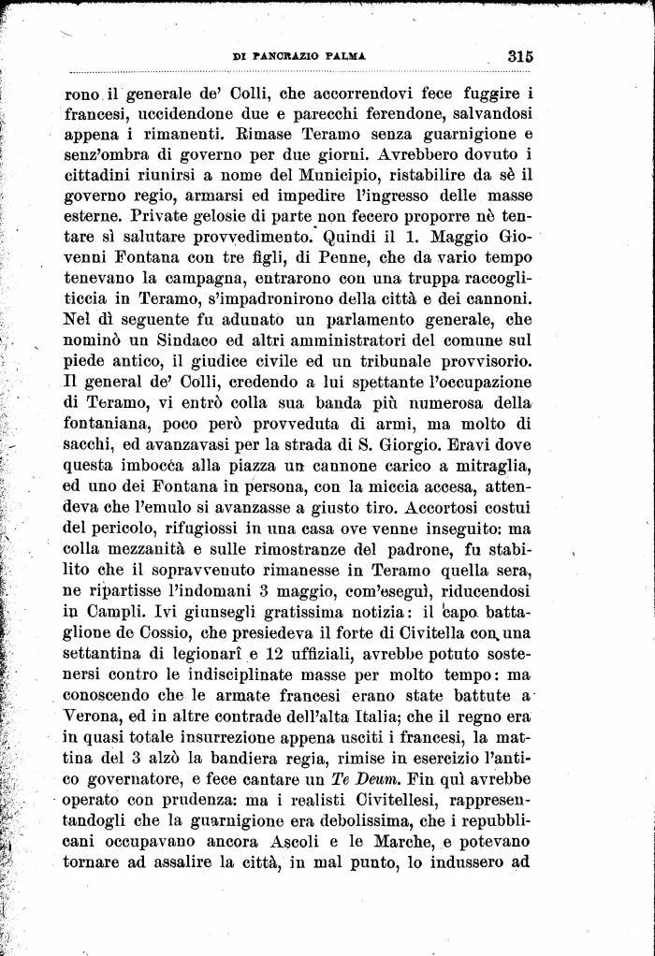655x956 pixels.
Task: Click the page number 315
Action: [x=520, y=55]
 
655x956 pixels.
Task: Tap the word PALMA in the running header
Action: [x=343, y=56]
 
